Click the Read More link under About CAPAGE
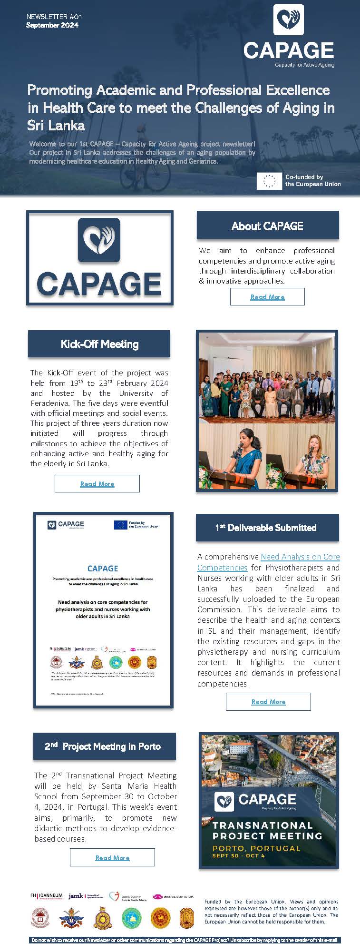point(267,297)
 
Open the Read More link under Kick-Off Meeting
point(97,484)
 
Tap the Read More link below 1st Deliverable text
point(268,702)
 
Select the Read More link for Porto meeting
point(112,858)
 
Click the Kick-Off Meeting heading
point(99,344)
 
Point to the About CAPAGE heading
point(267,226)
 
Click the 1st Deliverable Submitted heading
point(267,528)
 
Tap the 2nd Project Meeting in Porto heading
point(103,746)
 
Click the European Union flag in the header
point(269,181)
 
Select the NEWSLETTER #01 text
point(54,17)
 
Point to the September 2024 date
point(52,25)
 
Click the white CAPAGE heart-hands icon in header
point(289,20)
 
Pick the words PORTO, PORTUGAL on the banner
point(256,848)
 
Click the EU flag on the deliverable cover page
point(120,525)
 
